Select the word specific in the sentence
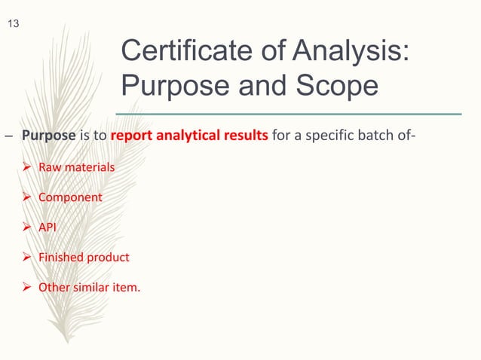[329, 137]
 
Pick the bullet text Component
[75, 197]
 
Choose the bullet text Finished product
[89, 258]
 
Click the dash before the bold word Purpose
[8, 138]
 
